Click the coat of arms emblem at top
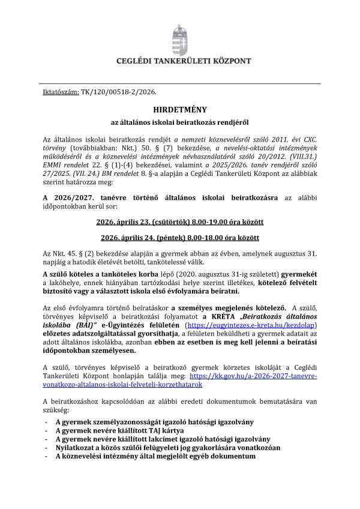[x=179, y=40]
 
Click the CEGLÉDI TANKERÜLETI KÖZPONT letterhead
[x=179, y=61]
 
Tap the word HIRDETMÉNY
[x=179, y=110]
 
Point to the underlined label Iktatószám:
[x=61, y=92]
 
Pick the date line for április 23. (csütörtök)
[x=179, y=222]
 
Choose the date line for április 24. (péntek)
[x=179, y=237]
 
